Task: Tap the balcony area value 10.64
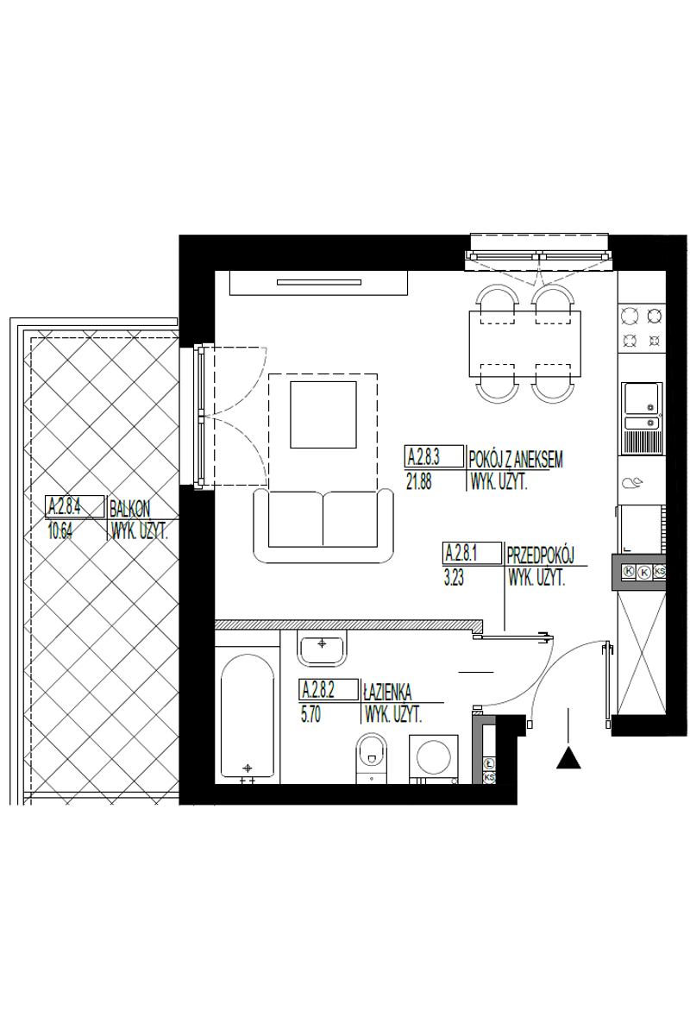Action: pos(60,532)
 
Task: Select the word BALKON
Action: pos(130,509)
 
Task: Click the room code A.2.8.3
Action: pos(423,456)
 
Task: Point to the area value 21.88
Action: pos(418,482)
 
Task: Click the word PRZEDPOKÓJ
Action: pos(540,555)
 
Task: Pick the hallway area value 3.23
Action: pos(454,578)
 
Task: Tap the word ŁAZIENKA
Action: pos(387,693)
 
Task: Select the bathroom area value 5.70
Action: pos(310,715)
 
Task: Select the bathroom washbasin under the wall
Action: pos(322,649)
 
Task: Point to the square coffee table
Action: pos(323,415)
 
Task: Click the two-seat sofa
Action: pos(323,525)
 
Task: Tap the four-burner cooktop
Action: pos(642,328)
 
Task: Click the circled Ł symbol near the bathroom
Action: pos(489,762)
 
